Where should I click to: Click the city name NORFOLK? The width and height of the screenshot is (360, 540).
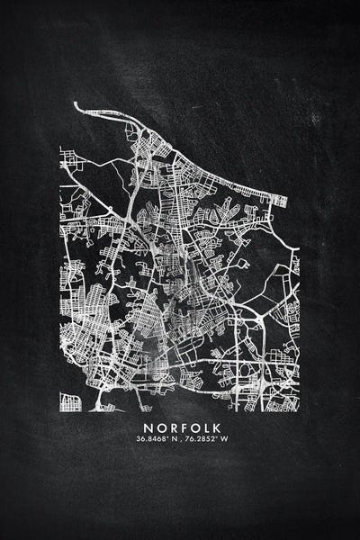click(180, 427)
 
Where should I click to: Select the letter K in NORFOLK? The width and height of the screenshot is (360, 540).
click(215, 427)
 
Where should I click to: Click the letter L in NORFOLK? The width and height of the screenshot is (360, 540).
click(203, 427)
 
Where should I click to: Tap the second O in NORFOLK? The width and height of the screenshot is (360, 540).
click(192, 427)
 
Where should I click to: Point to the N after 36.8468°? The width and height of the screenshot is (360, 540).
click(174, 439)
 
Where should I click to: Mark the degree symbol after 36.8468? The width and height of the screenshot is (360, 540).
click(168, 437)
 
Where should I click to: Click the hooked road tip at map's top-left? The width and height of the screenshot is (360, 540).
click(76, 107)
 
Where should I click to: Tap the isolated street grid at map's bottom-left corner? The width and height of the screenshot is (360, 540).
click(69, 401)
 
